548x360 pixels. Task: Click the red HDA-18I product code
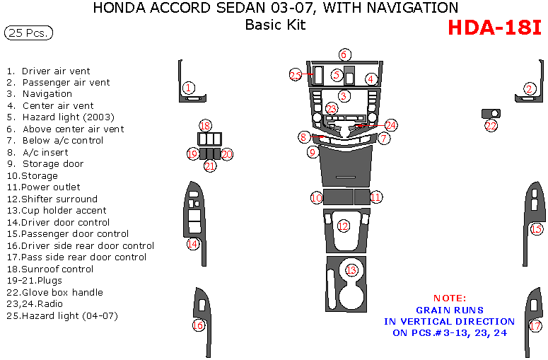495,28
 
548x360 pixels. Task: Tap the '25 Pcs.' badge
28,33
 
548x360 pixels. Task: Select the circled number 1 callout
188,88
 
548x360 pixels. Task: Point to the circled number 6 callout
344,54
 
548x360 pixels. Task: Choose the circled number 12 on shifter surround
343,226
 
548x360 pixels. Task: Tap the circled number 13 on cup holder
351,270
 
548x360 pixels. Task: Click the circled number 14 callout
192,243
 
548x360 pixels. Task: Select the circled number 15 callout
536,228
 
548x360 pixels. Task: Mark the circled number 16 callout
199,325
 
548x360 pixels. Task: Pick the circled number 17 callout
536,326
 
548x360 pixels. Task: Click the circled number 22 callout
491,126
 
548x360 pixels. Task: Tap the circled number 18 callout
205,126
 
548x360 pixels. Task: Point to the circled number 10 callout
316,197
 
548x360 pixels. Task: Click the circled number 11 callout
376,197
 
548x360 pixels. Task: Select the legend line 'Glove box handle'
62,292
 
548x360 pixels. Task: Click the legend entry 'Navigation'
47,94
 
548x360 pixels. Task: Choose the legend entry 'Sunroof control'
57,269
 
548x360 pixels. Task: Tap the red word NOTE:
450,298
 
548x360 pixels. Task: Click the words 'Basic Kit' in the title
275,25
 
